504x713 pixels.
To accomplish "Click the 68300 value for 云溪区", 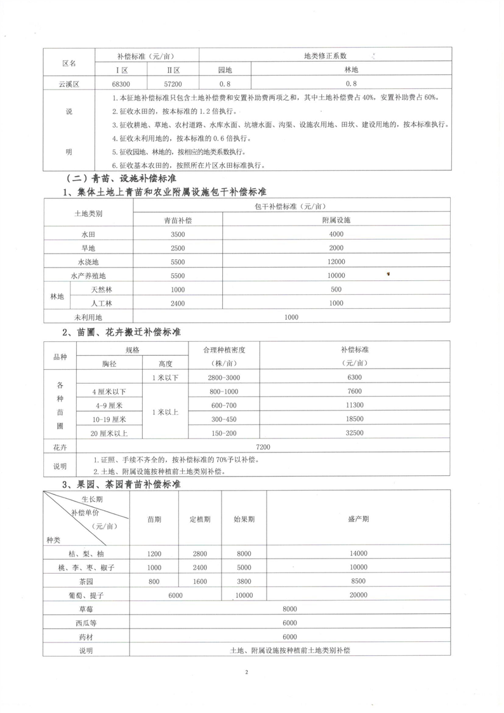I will click(121, 83).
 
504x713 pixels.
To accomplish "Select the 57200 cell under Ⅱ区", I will click(173, 83).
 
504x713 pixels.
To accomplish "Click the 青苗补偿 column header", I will click(178, 220).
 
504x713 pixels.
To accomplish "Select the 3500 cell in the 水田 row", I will click(178, 234).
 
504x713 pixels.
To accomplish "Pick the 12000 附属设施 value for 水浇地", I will click(336, 262).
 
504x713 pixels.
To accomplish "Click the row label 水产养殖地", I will click(88, 276).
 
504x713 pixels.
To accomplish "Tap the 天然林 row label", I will click(102, 290).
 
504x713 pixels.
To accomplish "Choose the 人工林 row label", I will click(102, 303).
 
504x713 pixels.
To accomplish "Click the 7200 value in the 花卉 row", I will click(262, 447).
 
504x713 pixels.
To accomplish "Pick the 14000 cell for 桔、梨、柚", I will click(359, 553).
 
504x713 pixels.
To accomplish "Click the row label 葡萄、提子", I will click(86, 595).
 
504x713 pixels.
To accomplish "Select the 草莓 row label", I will click(86, 609).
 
